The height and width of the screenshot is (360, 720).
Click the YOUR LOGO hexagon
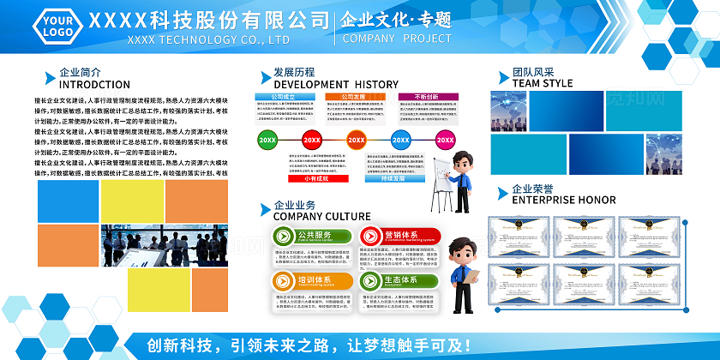coord(56,27)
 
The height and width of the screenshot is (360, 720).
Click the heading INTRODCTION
coord(94,85)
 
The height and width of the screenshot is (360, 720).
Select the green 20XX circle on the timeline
coord(267,140)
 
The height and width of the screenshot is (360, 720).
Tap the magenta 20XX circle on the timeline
coord(445,140)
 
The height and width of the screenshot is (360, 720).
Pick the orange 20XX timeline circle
coord(356,140)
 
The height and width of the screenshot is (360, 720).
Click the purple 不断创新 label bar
coord(425,98)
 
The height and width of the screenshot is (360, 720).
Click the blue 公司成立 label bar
coord(283,98)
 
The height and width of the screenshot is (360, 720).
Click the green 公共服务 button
coord(313,236)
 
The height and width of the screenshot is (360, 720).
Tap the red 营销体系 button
coord(399,236)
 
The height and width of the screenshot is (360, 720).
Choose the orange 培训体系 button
coord(313,280)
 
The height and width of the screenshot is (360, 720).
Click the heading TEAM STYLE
coord(543,83)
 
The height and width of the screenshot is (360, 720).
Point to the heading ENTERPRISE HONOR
coord(563,200)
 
